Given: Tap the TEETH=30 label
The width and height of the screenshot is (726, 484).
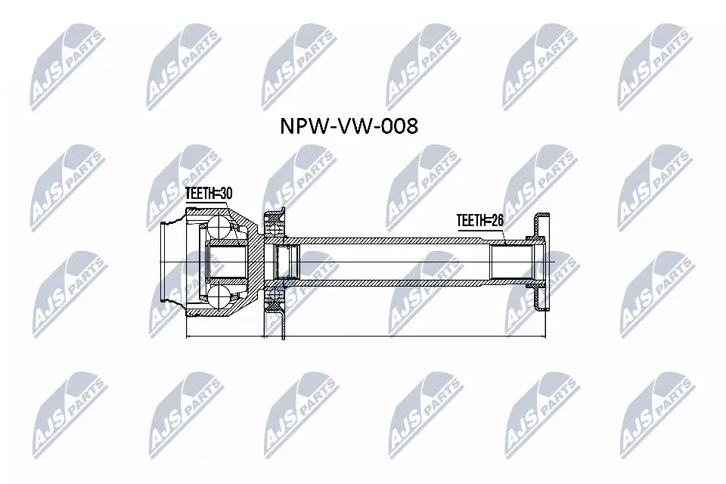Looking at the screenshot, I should click(x=208, y=194).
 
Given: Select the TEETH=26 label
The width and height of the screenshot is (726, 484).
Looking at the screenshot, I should click(x=479, y=220).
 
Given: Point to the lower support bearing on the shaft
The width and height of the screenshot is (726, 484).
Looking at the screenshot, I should click(x=271, y=302).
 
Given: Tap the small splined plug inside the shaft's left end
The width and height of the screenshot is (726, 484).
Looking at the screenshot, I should click(x=286, y=262).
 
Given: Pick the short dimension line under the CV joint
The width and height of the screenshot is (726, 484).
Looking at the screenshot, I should click(x=223, y=334).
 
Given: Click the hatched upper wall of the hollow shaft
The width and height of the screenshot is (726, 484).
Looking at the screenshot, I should click(x=393, y=240).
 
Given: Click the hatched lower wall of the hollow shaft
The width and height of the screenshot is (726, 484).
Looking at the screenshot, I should click(x=393, y=284).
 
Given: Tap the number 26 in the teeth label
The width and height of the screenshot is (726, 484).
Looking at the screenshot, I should click(x=495, y=220).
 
